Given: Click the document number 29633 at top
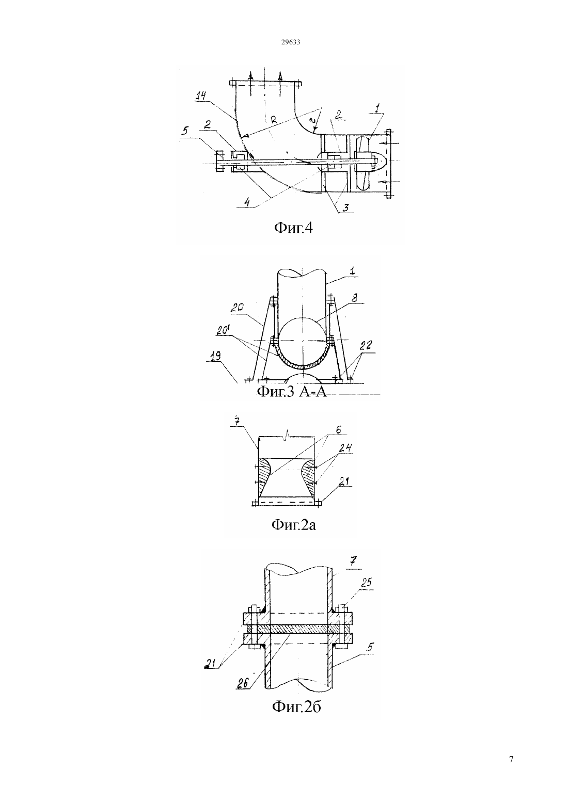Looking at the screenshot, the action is coord(291,42).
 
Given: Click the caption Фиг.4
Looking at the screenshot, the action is coord(293,228).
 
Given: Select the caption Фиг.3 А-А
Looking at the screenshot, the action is coord(292,392).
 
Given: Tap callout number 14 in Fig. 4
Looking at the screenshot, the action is coord(201,95).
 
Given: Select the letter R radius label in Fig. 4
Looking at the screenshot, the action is coord(274,120).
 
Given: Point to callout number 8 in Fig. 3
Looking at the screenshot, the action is coord(355,298).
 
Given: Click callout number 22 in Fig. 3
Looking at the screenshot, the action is coord(366,346).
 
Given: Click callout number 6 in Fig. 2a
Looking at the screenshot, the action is coord(339,430).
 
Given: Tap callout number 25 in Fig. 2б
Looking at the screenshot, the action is coord(366,583).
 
